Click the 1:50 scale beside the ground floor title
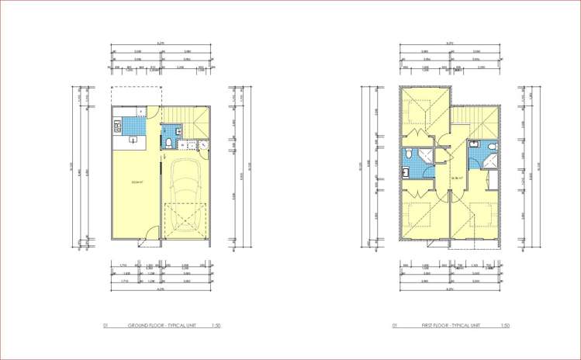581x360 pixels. tap(216, 327)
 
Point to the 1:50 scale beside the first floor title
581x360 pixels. tap(505, 327)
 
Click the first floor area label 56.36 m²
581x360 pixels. tap(435, 178)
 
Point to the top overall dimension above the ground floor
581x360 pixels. tap(161, 43)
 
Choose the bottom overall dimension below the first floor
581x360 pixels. tap(449, 289)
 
